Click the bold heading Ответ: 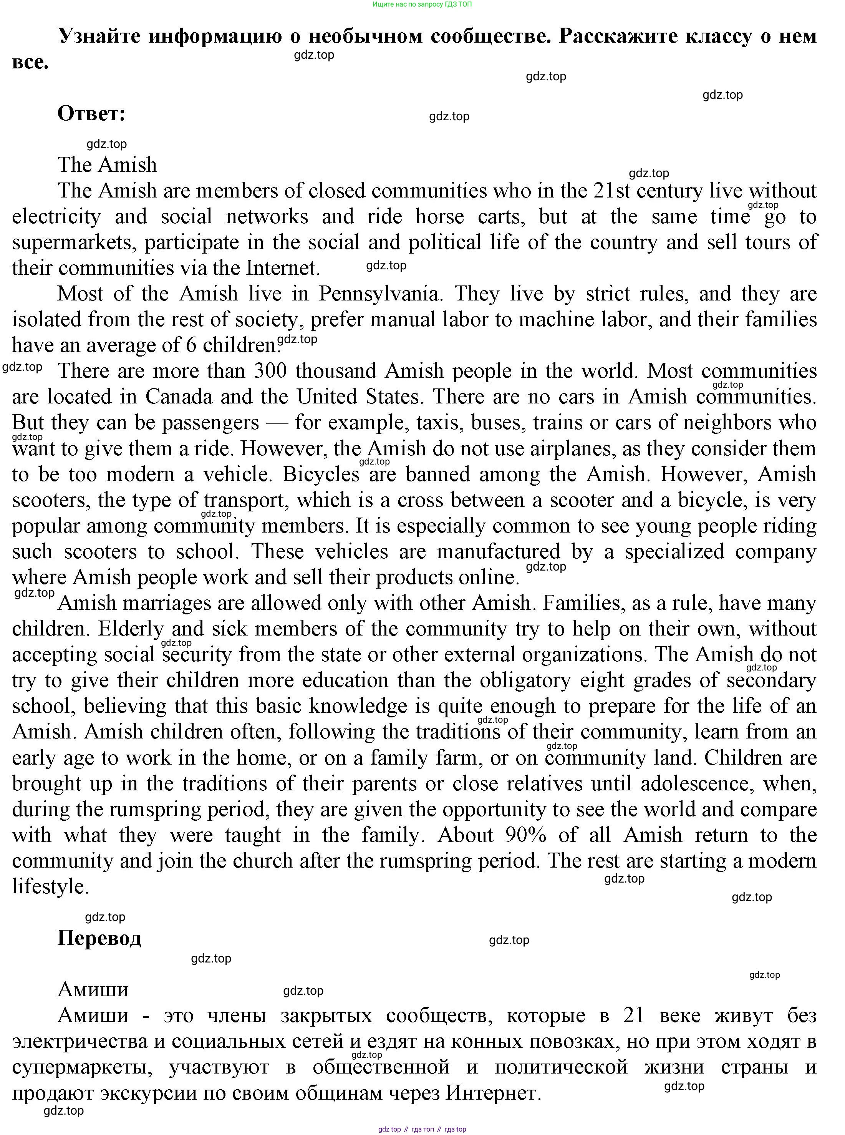91,114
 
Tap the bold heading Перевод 99,938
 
